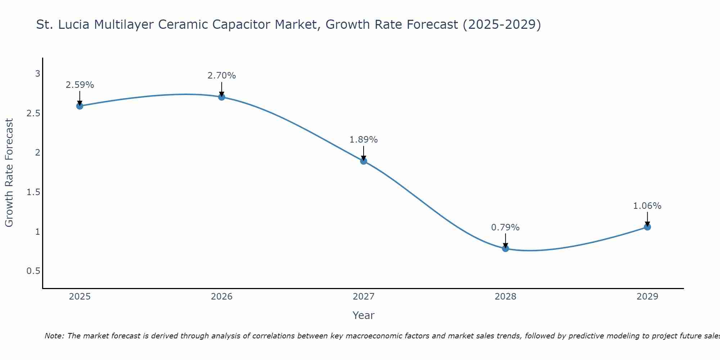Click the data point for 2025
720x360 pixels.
80,106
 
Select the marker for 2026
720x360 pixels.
222,97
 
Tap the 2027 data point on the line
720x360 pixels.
364,161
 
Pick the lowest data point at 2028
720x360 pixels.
505,248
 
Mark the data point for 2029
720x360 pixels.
647,227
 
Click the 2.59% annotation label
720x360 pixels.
80,85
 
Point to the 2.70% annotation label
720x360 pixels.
222,76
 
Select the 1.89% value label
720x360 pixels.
364,140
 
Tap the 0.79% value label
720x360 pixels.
505,228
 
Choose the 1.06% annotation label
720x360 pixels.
647,206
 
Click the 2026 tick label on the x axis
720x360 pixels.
222,297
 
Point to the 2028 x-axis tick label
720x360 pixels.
505,297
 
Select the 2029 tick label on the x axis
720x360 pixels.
647,297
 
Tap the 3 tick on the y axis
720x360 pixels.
37,74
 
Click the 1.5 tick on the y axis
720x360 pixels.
33,192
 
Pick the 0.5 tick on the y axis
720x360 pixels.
33,271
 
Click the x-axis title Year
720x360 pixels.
364,315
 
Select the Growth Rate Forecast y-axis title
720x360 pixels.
9,173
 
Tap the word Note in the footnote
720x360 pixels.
54,336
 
